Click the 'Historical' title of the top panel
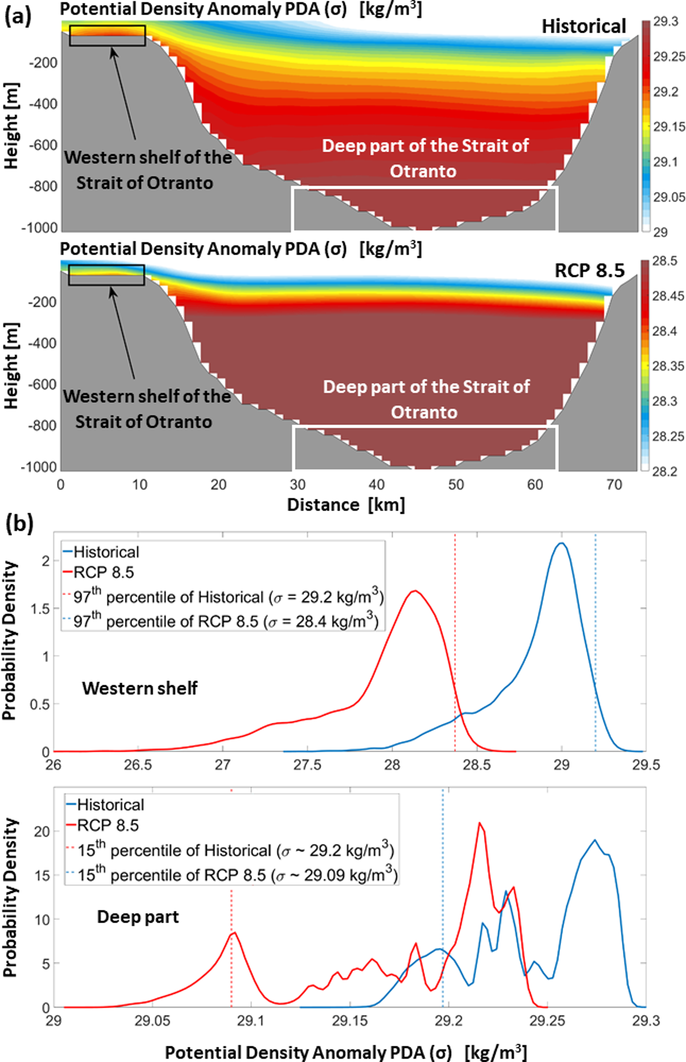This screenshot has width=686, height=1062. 583,27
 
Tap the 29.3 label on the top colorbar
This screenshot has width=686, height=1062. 665,21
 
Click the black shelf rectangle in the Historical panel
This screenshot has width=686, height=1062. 107,36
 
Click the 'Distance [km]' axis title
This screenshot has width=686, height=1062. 346,505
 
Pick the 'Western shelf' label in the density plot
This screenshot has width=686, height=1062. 139,688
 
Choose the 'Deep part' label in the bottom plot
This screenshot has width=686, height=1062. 138,917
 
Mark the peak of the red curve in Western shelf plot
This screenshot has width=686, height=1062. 415,591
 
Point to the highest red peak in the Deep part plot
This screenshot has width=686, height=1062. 479,822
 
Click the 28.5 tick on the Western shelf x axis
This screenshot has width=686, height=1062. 477,765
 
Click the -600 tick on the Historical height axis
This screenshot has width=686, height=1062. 43,145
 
